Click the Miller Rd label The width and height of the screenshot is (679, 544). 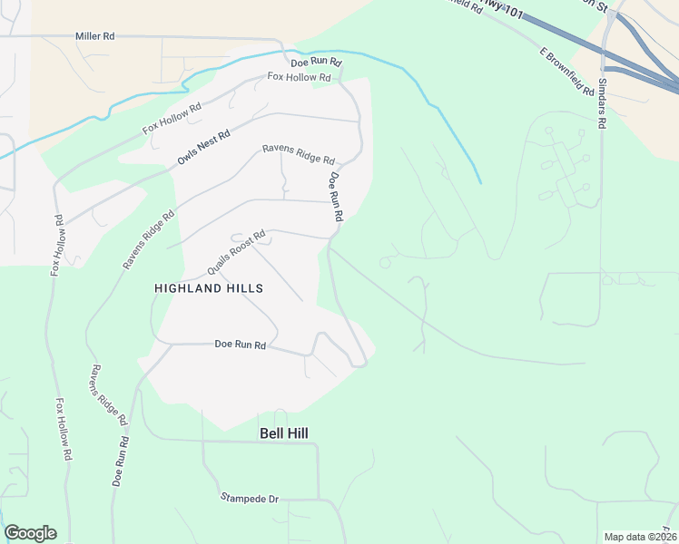click(x=95, y=36)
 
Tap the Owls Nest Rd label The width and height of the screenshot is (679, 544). click(x=203, y=147)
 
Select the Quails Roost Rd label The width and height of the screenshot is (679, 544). click(x=236, y=253)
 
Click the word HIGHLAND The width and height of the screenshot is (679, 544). click(x=184, y=288)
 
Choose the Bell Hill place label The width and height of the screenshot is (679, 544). click(x=283, y=434)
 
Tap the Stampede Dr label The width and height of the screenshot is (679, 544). click(x=249, y=499)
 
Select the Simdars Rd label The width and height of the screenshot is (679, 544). click(x=602, y=105)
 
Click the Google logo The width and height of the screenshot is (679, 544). click(x=30, y=533)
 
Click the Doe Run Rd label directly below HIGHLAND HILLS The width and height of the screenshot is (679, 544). click(x=240, y=345)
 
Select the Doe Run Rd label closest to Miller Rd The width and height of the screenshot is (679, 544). click(x=315, y=63)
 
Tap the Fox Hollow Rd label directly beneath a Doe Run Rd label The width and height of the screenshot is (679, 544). click(x=299, y=78)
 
